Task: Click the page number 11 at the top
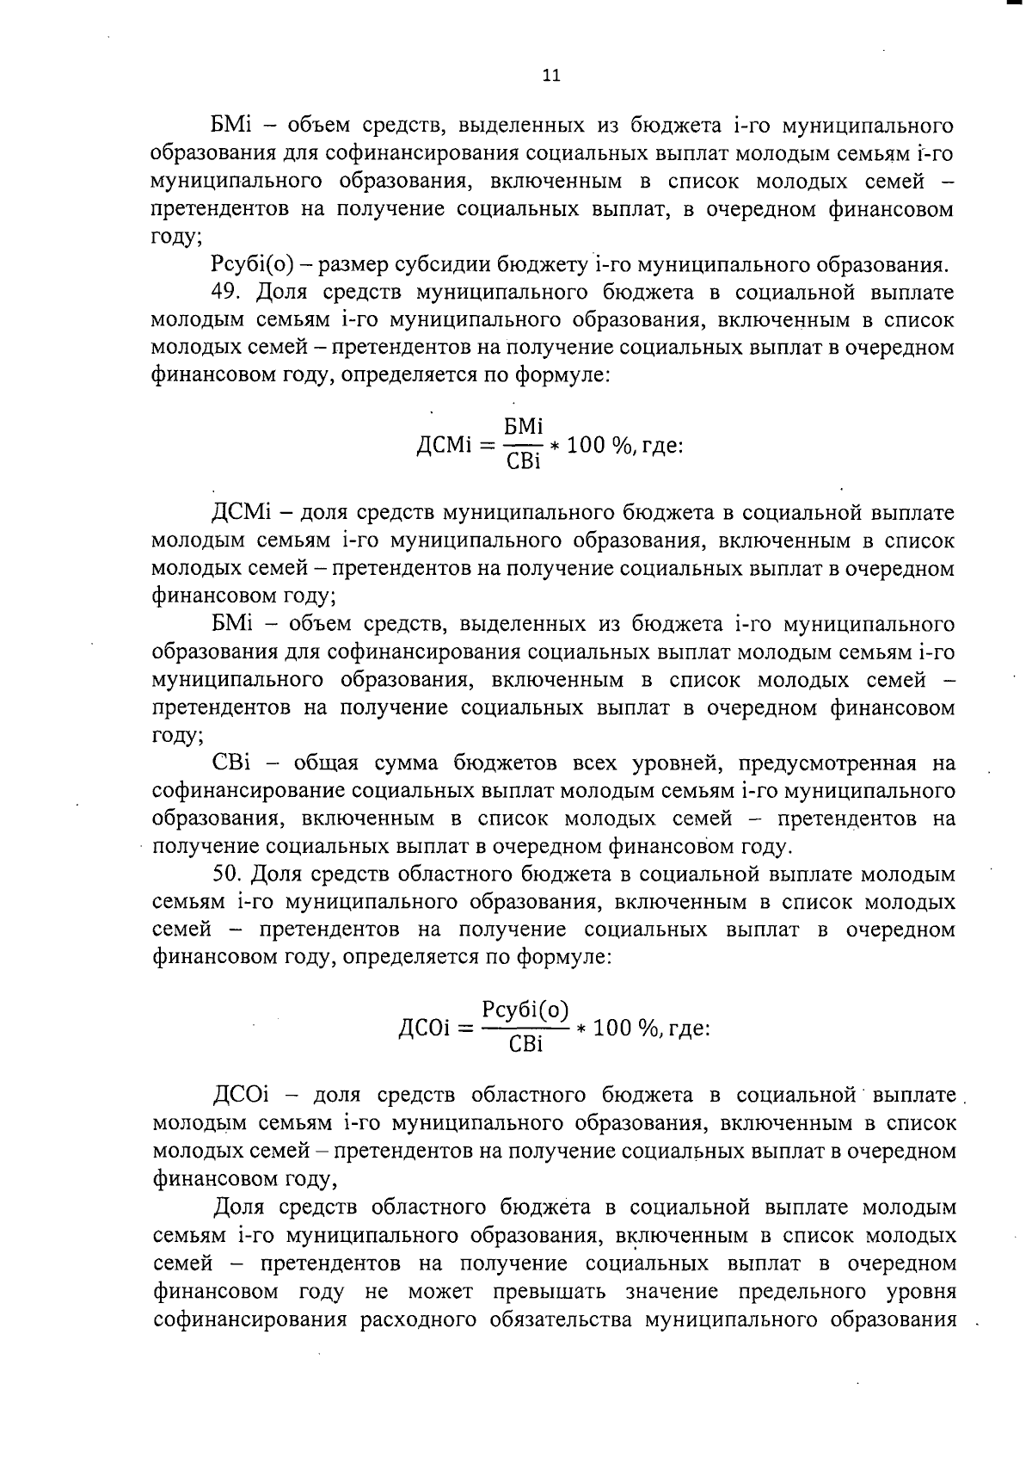[x=551, y=76]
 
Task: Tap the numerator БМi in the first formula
[x=523, y=427]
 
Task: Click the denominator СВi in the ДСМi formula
[x=523, y=462]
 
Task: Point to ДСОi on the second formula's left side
[x=426, y=1028]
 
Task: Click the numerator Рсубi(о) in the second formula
[x=525, y=1009]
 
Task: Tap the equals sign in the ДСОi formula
[x=466, y=1028]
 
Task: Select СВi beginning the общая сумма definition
[x=231, y=763]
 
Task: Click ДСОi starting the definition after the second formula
[x=241, y=1095]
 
